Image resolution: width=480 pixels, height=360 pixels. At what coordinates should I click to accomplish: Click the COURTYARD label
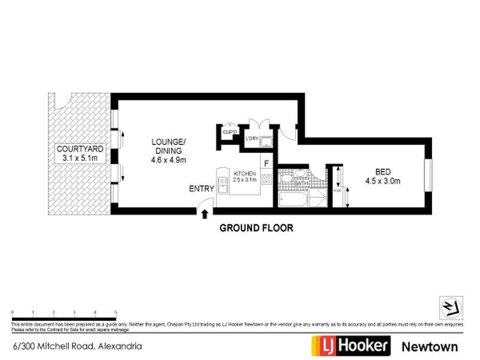pos(80,148)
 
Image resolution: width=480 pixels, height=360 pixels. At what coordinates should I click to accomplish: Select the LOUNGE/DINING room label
pos(169,146)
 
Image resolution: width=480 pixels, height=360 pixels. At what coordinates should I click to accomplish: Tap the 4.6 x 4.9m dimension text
pos(169,160)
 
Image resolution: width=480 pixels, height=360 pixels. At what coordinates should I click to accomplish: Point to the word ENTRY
pos(202,188)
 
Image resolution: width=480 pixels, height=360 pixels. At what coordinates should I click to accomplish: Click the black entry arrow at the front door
pos(206,212)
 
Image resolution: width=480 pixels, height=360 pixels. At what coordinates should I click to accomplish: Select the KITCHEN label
pos(245,173)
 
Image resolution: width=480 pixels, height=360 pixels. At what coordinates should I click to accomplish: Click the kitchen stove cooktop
pos(267,178)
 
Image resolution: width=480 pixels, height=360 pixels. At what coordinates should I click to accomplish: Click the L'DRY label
pos(252,139)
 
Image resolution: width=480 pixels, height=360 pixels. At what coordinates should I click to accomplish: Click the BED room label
pos(382,170)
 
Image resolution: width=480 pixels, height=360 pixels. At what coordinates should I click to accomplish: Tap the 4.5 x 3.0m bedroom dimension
pos(382,180)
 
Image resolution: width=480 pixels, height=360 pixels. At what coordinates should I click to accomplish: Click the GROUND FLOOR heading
pos(256,228)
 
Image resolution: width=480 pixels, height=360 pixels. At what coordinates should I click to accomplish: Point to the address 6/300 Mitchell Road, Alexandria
pos(77,346)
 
